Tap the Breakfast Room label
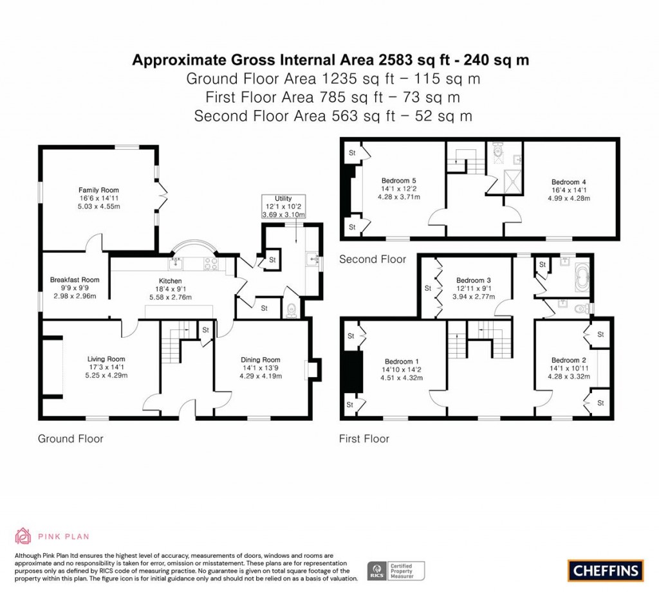tap(75, 280)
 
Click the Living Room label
tap(106, 359)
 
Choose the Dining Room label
tap(261, 360)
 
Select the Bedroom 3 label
tap(474, 280)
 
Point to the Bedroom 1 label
tap(403, 361)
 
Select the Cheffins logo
tap(605, 570)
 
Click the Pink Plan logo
tap(52, 536)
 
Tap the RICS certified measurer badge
tap(396, 571)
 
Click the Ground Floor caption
tap(71, 439)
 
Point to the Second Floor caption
tap(373, 259)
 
